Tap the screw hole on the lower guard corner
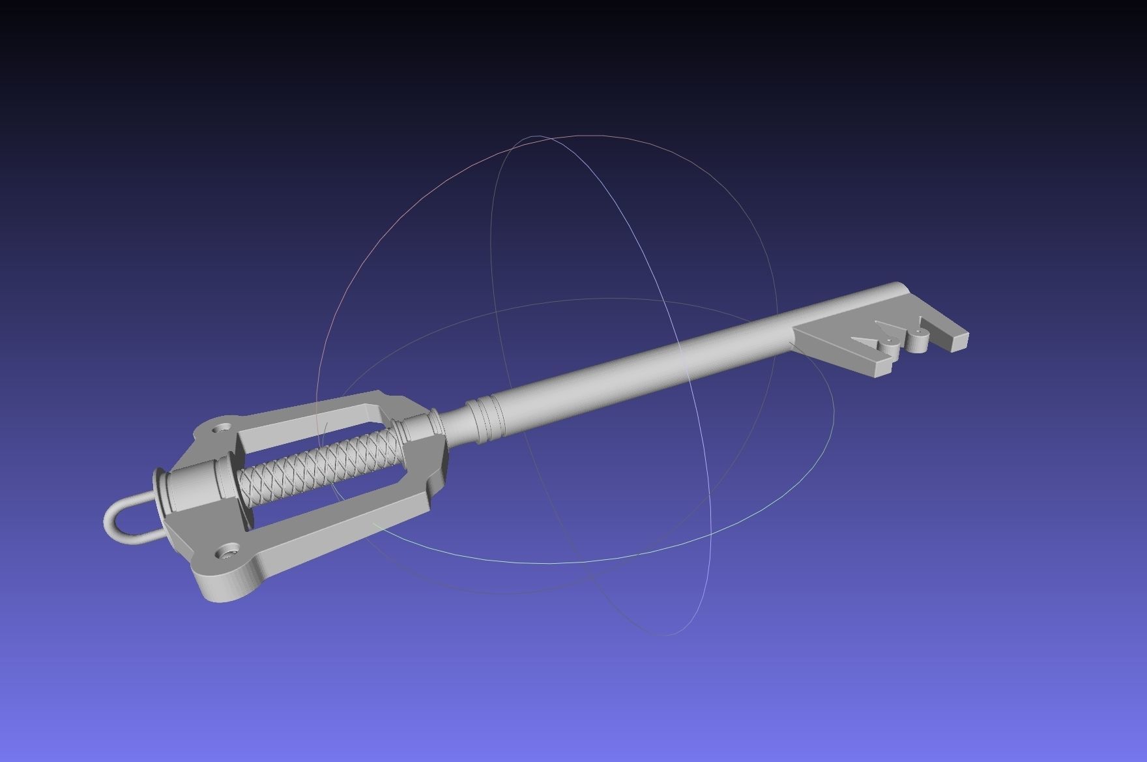(227, 552)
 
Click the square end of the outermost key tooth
(960, 342)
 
